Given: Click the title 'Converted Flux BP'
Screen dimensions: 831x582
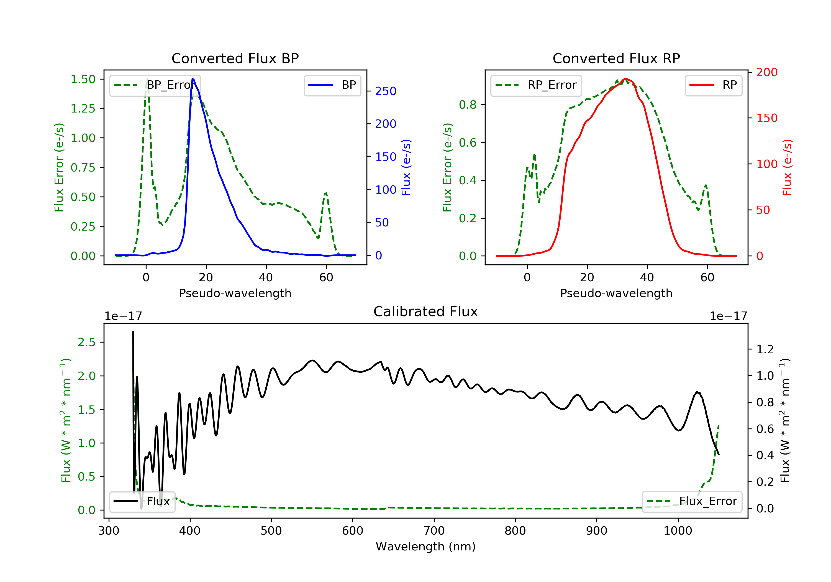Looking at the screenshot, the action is click(235, 58).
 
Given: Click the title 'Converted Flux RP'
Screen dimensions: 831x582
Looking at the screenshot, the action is click(616, 58).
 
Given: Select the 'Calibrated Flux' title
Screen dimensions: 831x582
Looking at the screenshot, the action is click(426, 312).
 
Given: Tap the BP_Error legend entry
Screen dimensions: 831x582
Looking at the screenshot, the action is click(155, 85).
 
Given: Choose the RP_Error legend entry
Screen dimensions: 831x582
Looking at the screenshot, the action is click(536, 85).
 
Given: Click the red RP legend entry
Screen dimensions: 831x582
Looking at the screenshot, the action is click(713, 85).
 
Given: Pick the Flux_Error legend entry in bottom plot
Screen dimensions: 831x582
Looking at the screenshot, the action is click(692, 501).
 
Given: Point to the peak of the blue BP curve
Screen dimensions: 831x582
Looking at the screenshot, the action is click(193, 79).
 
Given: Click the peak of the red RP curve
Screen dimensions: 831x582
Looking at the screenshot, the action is click(625, 79).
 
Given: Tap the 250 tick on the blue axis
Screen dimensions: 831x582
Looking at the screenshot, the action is click(386, 91).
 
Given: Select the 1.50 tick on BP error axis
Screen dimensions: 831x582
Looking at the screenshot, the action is click(83, 79).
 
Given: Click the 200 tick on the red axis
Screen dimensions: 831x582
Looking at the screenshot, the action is click(766, 72).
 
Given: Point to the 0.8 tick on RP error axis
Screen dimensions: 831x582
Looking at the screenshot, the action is click(468, 105).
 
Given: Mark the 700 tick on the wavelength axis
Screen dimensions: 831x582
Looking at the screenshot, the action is click(434, 530).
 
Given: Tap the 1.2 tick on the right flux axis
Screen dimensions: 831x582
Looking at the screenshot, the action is click(765, 349).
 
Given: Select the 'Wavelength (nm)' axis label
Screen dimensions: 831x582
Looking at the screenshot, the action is click(426, 546).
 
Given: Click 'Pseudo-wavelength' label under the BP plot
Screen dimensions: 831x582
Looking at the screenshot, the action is click(235, 293).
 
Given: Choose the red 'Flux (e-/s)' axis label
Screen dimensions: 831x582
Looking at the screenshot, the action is click(787, 168).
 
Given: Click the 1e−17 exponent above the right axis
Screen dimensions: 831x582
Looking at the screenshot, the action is click(728, 316).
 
